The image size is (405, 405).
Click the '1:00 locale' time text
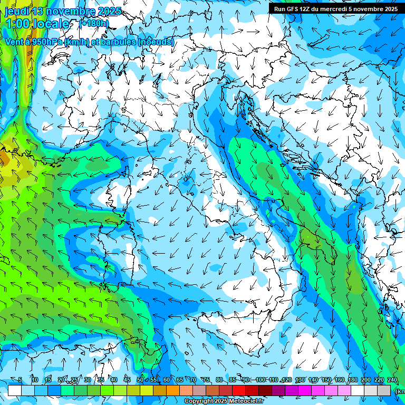37,24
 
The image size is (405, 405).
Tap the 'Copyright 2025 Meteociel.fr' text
224,401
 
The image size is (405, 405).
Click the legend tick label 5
20,380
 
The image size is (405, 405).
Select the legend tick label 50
140,380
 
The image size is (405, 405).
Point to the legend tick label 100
260,380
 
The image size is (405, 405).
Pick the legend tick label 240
392,380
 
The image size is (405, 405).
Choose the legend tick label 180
353,380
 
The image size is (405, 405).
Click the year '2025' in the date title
109,11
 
